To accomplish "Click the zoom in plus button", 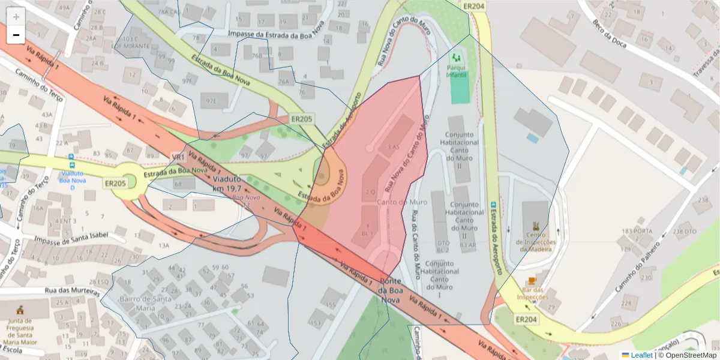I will tap(16, 17).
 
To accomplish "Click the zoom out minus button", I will tap(16, 35).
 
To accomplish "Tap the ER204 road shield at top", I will tap(474, 6).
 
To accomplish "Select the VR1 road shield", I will tap(178, 157).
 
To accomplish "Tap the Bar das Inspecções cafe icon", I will tap(532, 281).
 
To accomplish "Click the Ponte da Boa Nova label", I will tap(390, 290).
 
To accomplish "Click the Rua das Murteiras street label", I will tap(72, 291).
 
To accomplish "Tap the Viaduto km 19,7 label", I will tap(227, 184).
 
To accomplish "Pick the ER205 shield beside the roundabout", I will tap(115, 183).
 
